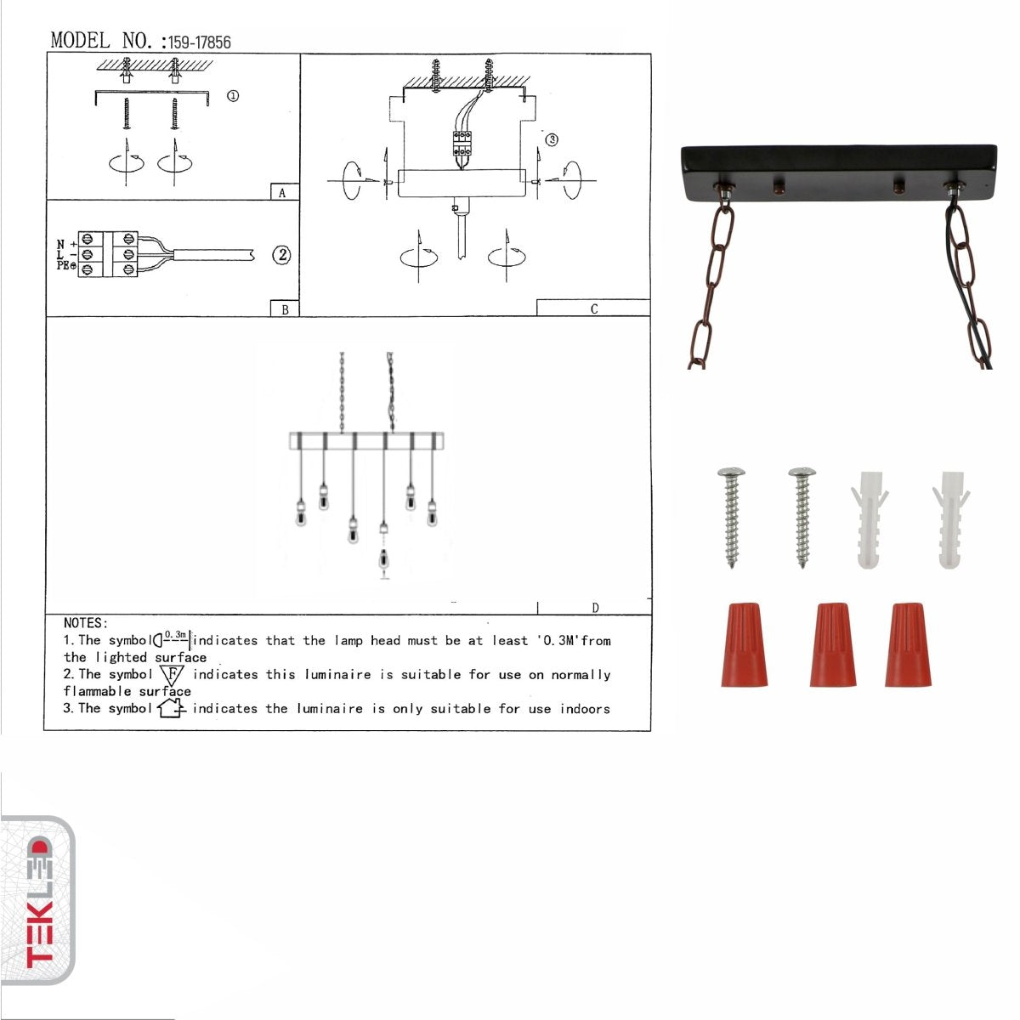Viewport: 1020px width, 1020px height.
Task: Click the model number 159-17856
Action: click(x=200, y=42)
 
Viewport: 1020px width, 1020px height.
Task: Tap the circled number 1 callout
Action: click(x=232, y=96)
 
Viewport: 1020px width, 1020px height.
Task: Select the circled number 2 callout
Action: click(x=280, y=254)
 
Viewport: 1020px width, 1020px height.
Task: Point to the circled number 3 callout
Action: click(x=552, y=139)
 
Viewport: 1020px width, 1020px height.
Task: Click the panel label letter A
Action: click(x=283, y=193)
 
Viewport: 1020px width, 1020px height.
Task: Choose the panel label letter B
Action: click(x=285, y=309)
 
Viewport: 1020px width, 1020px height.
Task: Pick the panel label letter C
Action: click(x=593, y=309)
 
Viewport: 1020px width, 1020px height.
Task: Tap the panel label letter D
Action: click(x=595, y=608)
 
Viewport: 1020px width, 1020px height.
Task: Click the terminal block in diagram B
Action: click(x=108, y=254)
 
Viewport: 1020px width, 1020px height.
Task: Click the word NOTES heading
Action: click(x=86, y=623)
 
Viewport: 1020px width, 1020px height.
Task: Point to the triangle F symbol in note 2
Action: click(x=173, y=675)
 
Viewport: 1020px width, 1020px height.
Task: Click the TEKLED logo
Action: click(x=38, y=901)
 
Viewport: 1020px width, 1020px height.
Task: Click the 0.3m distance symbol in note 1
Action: click(x=173, y=638)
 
